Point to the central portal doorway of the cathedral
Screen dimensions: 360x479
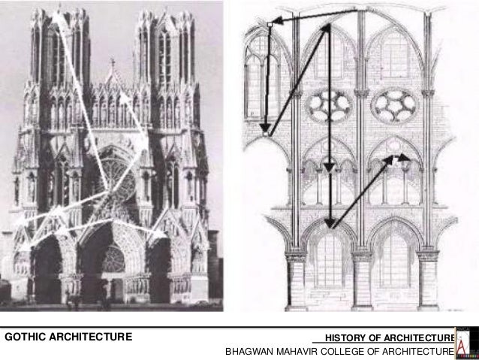(113, 263)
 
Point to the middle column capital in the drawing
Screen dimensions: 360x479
(361, 256)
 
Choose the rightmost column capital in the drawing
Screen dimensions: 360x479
(427, 256)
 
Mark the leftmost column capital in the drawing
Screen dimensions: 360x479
(296, 256)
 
